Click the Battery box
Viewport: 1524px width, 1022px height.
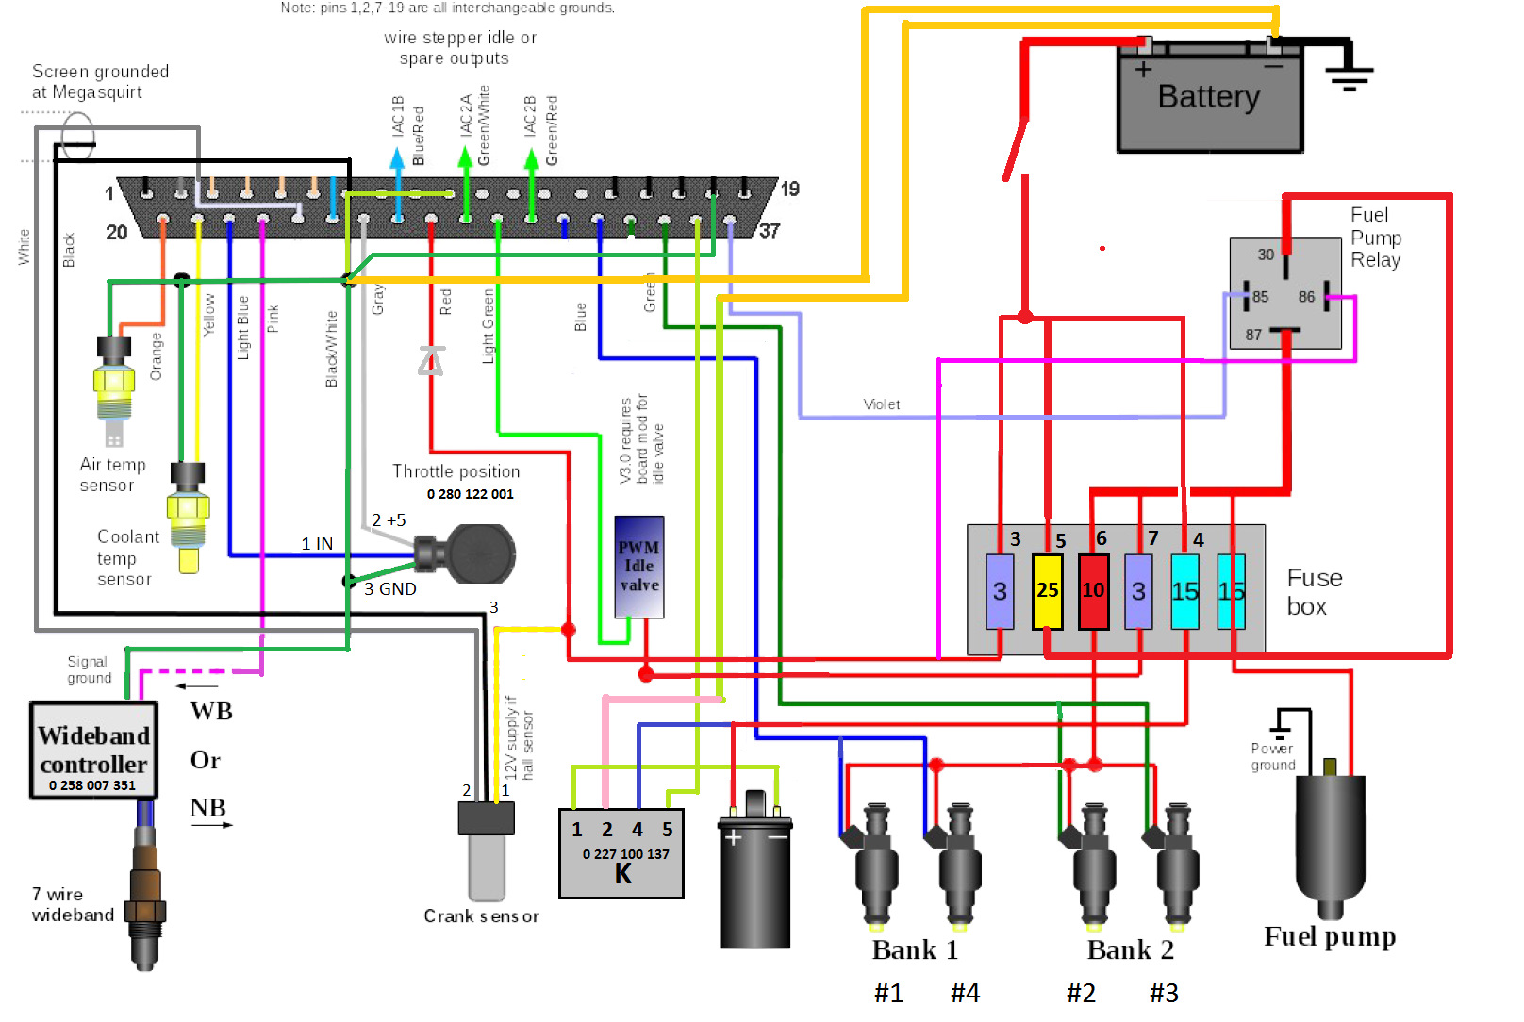coord(1210,99)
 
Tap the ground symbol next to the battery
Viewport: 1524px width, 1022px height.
coord(1350,75)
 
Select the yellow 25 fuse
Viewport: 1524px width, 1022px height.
coord(1047,591)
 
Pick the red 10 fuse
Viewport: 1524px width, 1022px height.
coord(1093,591)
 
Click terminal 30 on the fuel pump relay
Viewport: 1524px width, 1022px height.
coord(1266,255)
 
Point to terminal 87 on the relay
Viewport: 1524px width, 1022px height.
coord(1253,335)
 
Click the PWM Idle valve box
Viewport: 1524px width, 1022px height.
coord(638,567)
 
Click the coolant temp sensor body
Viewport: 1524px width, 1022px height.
coord(188,514)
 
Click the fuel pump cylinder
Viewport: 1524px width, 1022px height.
coord(1331,839)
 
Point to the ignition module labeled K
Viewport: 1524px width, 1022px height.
coord(621,853)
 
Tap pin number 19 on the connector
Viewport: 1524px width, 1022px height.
coord(790,189)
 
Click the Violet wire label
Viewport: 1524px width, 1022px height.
coord(882,404)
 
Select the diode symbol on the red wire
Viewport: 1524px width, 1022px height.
coord(431,361)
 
